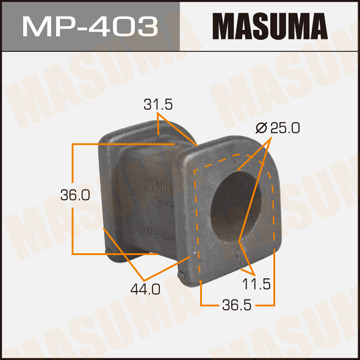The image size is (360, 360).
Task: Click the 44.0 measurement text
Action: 147,289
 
